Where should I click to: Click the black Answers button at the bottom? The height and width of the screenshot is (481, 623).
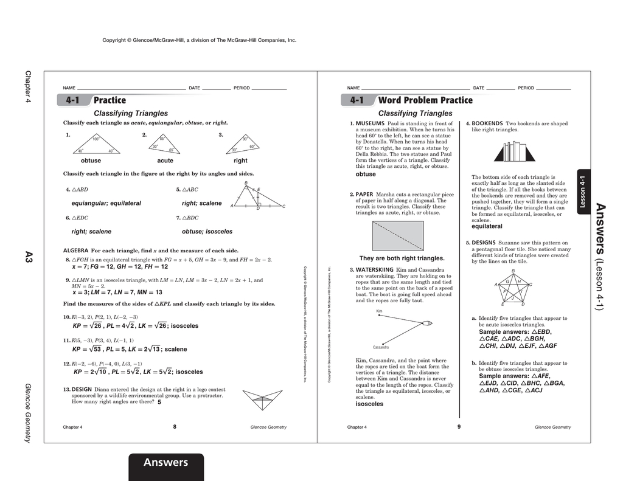[x=165, y=463]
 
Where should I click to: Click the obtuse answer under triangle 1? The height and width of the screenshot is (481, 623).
[x=91, y=161]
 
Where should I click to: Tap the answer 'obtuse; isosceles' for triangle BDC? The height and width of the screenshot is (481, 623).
[x=207, y=232]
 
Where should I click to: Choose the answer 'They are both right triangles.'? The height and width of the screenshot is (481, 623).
[x=402, y=258]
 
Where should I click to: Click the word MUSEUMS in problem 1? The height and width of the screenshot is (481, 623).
[x=370, y=123]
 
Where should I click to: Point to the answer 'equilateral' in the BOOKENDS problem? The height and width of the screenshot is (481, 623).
[x=487, y=227]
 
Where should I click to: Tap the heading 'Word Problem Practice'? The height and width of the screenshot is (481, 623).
[x=425, y=100]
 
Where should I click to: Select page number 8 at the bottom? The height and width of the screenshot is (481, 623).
[x=175, y=427]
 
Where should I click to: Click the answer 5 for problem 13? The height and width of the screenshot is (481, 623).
[x=159, y=402]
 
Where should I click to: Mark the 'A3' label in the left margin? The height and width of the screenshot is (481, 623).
[x=28, y=257]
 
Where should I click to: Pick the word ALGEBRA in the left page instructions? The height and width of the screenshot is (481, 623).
[x=76, y=251]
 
